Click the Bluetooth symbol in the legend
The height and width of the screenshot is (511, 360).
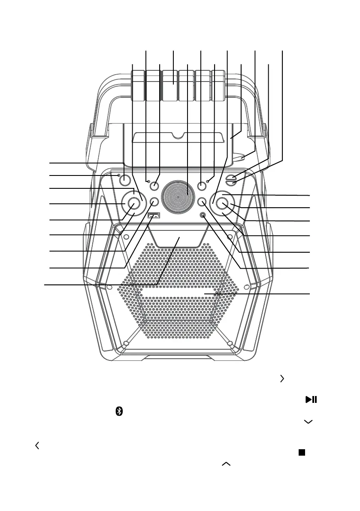(x=120, y=411)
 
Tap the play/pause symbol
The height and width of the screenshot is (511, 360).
(x=311, y=399)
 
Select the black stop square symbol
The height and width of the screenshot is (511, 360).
(x=302, y=453)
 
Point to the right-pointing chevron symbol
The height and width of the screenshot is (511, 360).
(x=282, y=378)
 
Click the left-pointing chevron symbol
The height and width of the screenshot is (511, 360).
(x=37, y=446)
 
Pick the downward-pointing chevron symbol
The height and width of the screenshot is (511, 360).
(x=307, y=422)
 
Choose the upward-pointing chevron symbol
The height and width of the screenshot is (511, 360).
(x=226, y=464)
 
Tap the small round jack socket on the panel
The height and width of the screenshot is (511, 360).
(x=203, y=215)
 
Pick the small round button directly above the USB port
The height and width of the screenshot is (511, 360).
(x=155, y=202)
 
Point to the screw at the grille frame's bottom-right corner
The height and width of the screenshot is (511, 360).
(x=230, y=343)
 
